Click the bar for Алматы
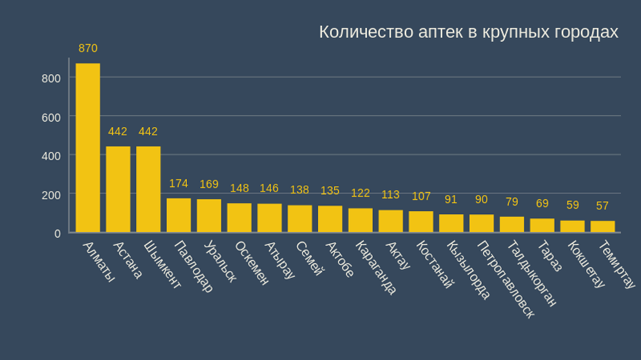(x=88, y=147)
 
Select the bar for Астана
(x=118, y=189)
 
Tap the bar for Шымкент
(x=148, y=189)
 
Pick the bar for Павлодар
(x=179, y=215)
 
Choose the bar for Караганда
(x=360, y=220)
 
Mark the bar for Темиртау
(x=603, y=226)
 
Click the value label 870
(x=88, y=48)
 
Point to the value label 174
(x=179, y=184)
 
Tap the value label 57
(x=603, y=206)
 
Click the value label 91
(x=451, y=199)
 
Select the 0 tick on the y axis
(x=57, y=233)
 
